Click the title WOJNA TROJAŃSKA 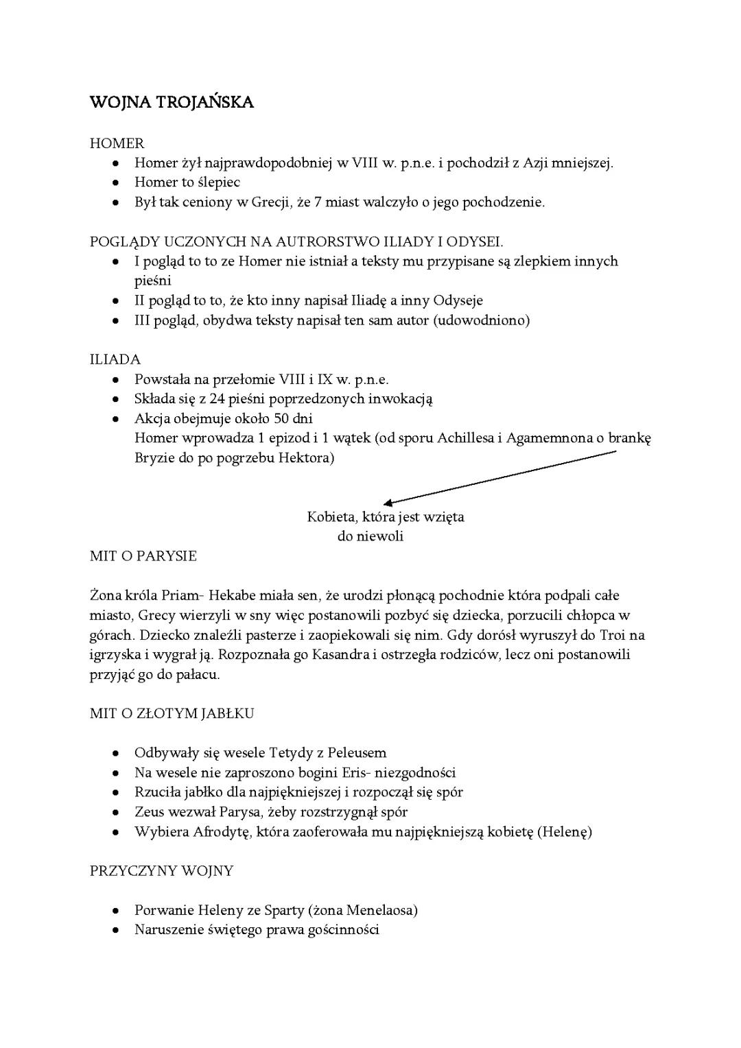[x=172, y=103]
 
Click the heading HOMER [x=117, y=143]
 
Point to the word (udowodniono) [x=481, y=320]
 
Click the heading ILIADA [x=115, y=359]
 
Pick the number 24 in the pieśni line [x=218, y=398]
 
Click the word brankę [x=629, y=438]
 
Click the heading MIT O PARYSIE [x=143, y=556]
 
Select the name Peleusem [x=357, y=752]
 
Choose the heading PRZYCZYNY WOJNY [x=162, y=871]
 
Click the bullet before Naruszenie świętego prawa [x=117, y=931]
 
